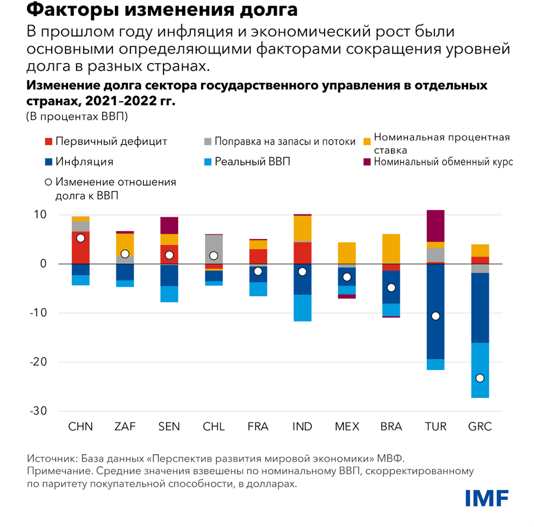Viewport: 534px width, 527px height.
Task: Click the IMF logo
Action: (x=487, y=498)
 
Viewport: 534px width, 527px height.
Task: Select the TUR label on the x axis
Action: (x=435, y=427)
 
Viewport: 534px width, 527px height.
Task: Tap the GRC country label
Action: (x=480, y=427)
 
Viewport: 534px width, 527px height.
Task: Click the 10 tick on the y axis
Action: (x=40, y=215)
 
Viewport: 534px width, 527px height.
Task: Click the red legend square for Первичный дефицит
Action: (x=48, y=142)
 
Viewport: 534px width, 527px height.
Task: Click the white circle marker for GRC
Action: (x=480, y=378)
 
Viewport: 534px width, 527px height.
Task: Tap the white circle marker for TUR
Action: (x=435, y=316)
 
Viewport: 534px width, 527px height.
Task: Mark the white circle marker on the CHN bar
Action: (x=80, y=238)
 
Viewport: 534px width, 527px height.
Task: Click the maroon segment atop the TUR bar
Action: (x=435, y=225)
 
